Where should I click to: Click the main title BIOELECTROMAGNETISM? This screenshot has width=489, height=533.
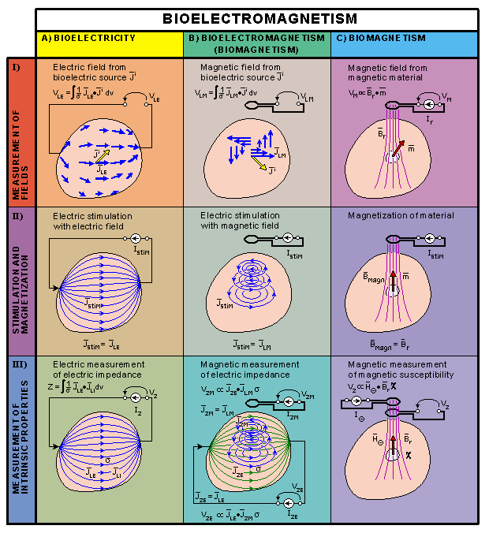(259, 19)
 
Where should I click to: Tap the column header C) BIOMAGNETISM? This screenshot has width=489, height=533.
(386, 38)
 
